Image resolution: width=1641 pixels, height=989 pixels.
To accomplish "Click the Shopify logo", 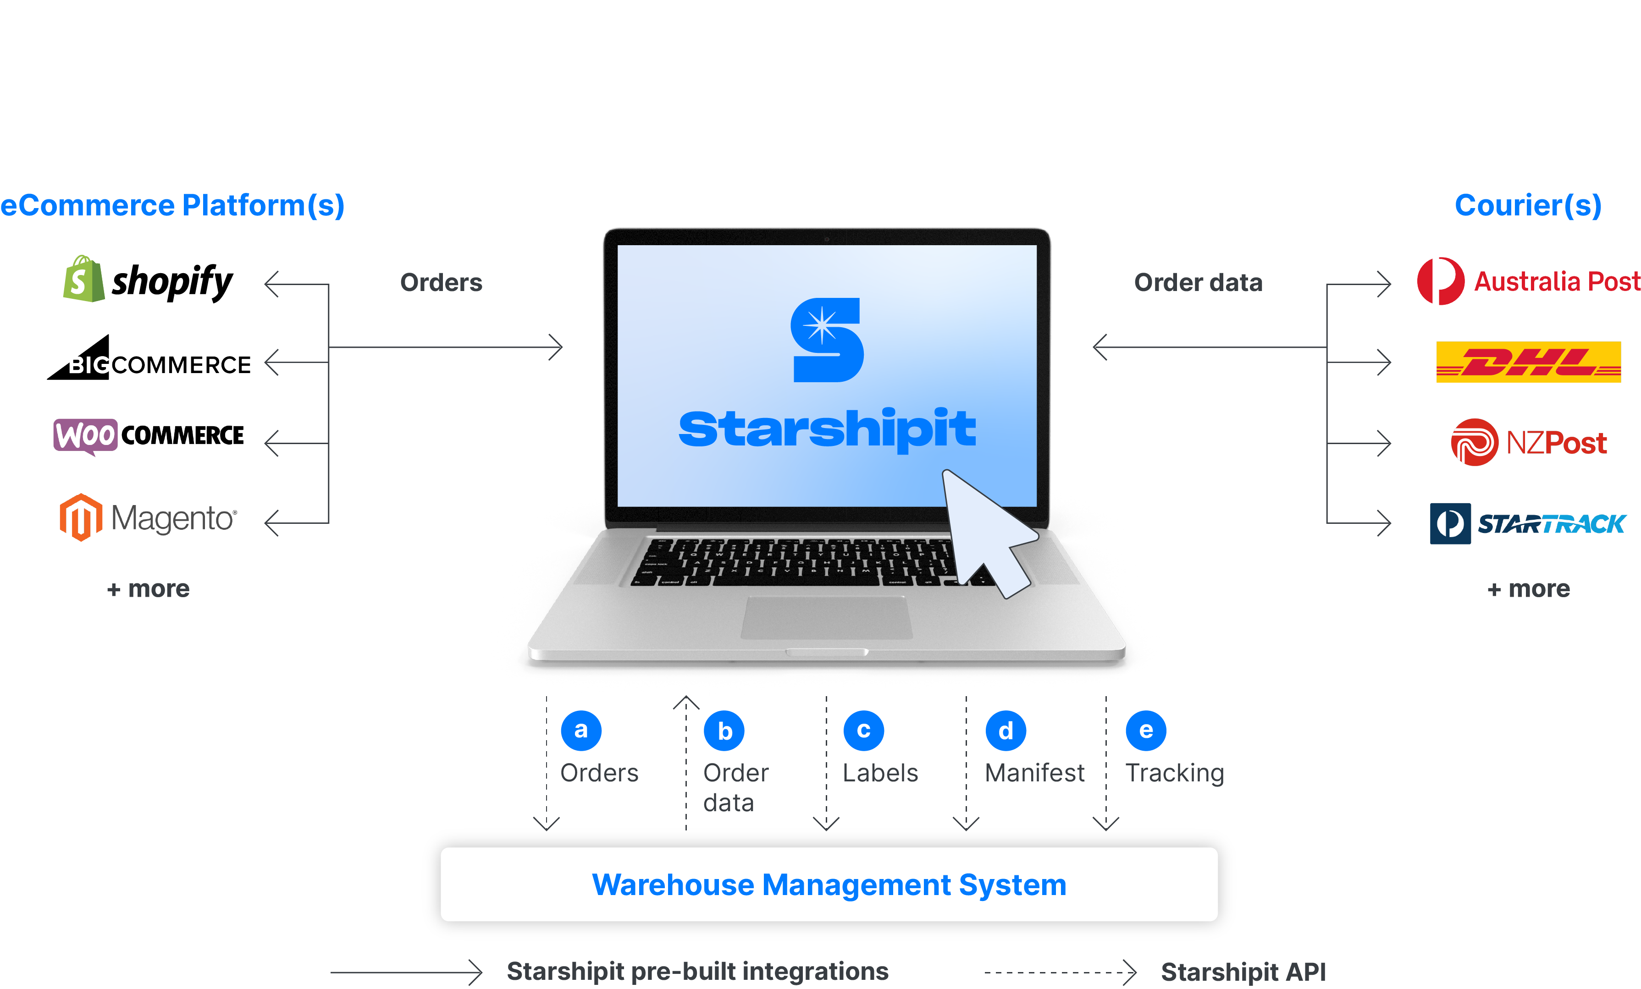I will pyautogui.click(x=148, y=280).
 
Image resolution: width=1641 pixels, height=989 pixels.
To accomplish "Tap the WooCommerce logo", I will pyautogui.click(x=149, y=436).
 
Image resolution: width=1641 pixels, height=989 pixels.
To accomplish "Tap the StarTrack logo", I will pyautogui.click(x=1527, y=524).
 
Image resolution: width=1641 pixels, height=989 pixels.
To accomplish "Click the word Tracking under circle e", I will pyautogui.click(x=1174, y=773).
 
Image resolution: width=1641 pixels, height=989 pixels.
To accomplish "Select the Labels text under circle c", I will pyautogui.click(x=880, y=773).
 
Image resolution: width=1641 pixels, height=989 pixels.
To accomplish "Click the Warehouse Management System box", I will pyautogui.click(x=829, y=885).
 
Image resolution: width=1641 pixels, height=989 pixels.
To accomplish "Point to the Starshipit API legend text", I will pyautogui.click(x=1243, y=972).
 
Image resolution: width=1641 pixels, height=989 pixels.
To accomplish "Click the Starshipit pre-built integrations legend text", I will pyautogui.click(x=697, y=971).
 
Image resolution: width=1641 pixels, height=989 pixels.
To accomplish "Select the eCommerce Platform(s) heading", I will pyautogui.click(x=172, y=205).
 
